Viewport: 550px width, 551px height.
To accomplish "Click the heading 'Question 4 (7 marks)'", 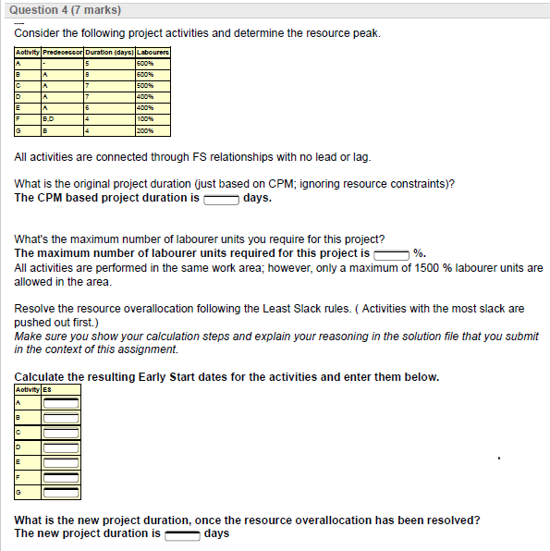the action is click(x=62, y=10).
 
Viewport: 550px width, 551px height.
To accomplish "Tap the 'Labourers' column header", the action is click(x=153, y=52).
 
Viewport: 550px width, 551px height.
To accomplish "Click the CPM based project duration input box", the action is click(x=221, y=198).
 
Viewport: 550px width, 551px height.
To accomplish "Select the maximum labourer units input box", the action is click(x=392, y=253).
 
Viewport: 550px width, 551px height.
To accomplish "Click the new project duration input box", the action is click(x=181, y=533).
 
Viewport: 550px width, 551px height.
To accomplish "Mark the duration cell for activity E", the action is click(x=87, y=108).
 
